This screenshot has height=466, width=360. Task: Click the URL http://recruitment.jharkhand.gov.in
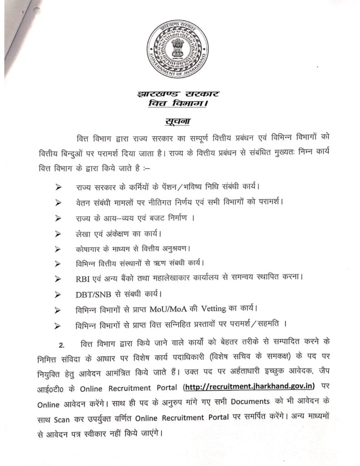tap(248, 387)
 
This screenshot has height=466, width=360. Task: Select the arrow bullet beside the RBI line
tap(58, 278)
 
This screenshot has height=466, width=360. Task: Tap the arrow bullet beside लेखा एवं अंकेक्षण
tap(58, 234)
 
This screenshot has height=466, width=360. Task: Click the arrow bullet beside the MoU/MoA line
tap(58, 310)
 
